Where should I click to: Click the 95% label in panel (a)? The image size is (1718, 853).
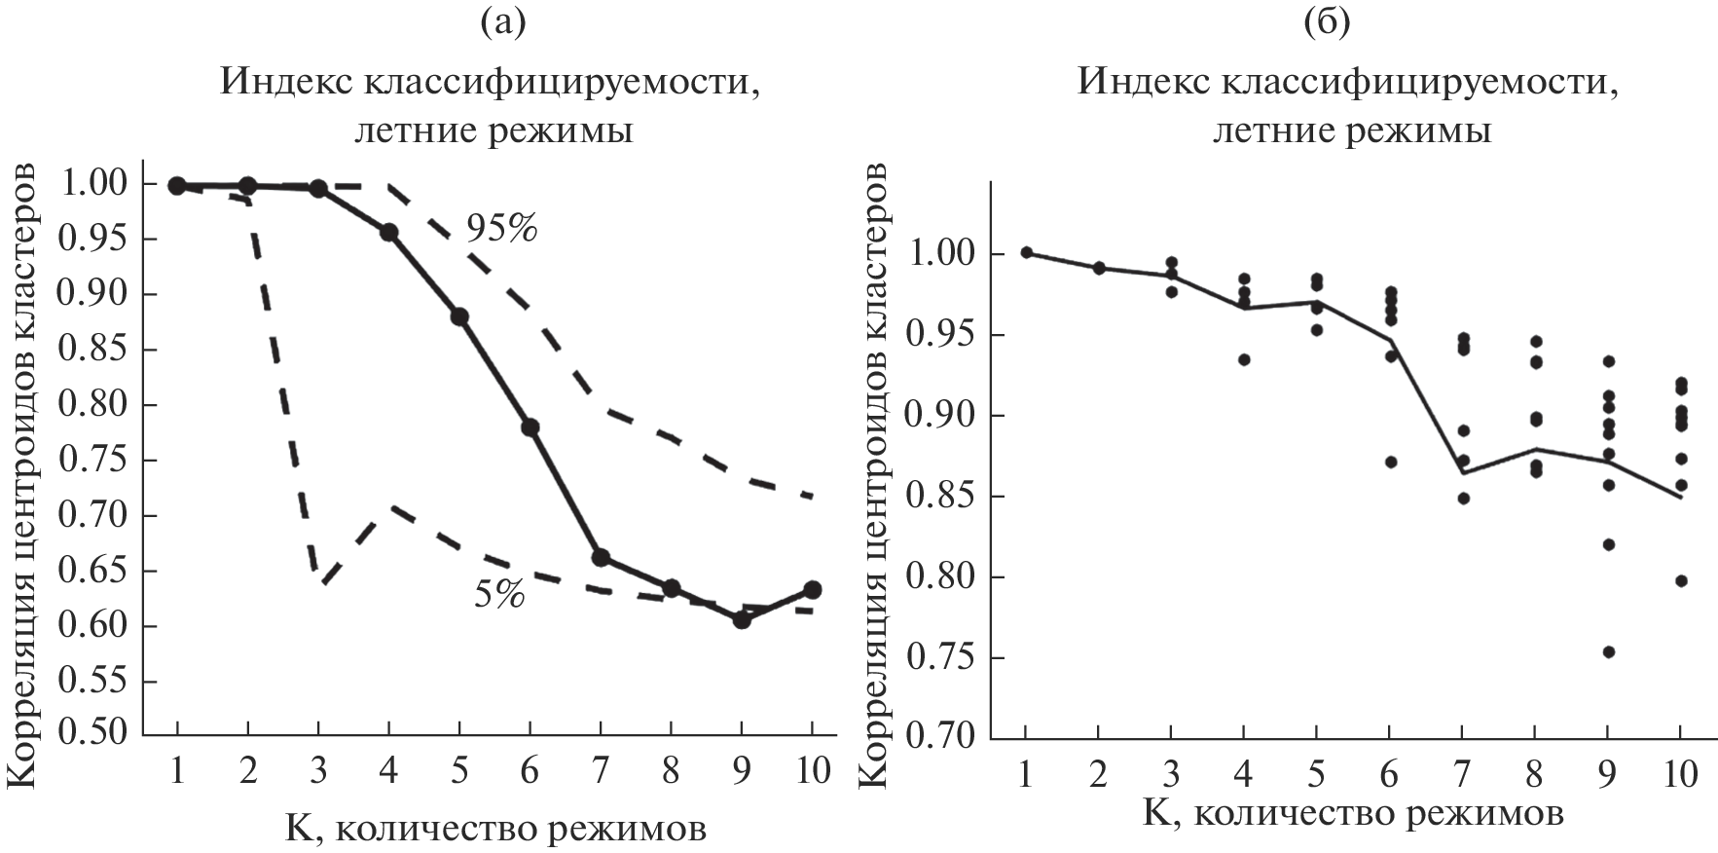501,227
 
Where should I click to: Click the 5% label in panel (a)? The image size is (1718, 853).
499,594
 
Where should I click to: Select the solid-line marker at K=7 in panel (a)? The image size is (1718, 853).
601,557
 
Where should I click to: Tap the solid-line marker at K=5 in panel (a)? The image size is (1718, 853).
459,316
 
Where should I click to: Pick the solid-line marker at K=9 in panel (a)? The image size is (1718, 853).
742,619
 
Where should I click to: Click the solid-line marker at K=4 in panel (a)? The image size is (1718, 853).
389,232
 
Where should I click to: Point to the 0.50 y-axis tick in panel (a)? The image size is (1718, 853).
95,734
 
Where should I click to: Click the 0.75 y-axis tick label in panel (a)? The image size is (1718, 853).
95,460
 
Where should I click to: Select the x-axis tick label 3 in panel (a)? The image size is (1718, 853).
318,771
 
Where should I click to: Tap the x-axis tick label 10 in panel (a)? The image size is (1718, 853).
811,771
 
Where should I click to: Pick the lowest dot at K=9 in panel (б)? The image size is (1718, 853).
1609,652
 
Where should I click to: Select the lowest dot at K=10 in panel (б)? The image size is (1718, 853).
1681,581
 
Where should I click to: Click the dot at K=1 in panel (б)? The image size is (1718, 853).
1027,252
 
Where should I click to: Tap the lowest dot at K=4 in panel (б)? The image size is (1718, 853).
1244,359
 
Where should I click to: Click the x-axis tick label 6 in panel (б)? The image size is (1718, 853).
1390,776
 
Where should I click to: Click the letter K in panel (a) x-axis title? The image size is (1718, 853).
298,829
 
